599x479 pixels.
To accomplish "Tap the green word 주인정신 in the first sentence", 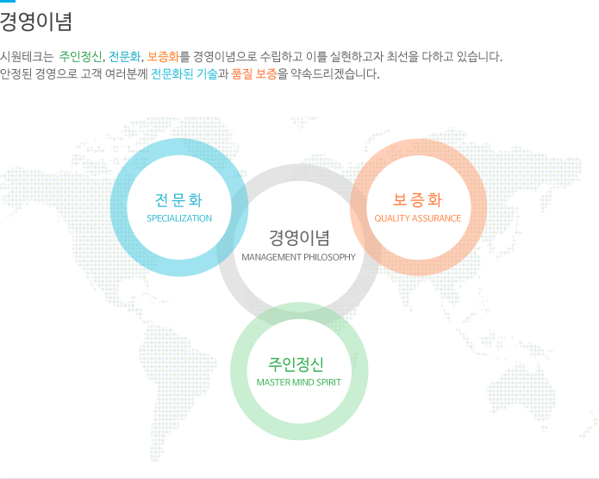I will [x=80, y=57].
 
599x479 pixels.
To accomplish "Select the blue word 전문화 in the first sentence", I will [x=124, y=57].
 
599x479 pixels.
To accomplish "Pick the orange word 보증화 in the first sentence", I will [x=163, y=57].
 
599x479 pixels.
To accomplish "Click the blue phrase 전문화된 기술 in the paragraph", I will [x=184, y=74].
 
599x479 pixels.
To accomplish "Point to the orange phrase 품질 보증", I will [x=254, y=74].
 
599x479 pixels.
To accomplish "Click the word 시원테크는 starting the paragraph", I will [x=28, y=57].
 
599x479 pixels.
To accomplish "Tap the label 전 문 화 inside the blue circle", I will [x=178, y=200].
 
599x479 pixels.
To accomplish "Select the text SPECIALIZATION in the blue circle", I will [x=178, y=218].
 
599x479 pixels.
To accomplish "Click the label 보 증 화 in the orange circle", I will [x=417, y=200].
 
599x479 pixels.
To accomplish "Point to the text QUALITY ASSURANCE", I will [x=417, y=218].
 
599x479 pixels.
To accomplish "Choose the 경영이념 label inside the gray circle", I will [x=298, y=237].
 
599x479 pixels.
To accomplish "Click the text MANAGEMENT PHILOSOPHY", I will [x=298, y=257].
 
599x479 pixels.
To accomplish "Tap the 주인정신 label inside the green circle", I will [x=298, y=362].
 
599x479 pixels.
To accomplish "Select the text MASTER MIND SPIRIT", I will [x=298, y=381].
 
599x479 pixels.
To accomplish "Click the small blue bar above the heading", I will [x=8, y=2].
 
